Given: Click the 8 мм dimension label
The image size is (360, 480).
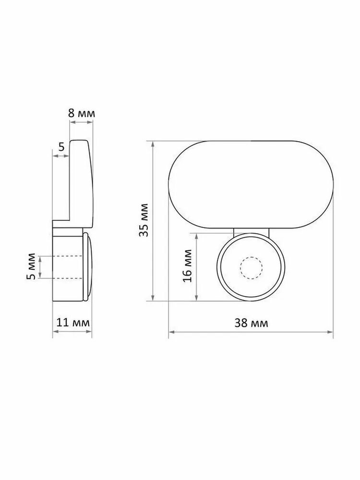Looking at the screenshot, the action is point(82,114).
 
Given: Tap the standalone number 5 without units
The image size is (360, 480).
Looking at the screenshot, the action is point(61,147).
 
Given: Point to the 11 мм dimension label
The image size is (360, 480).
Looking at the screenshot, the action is point(73,323).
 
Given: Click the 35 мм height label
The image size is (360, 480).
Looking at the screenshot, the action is point(144,220).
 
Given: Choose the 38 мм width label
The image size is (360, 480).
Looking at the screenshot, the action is point(251,323).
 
